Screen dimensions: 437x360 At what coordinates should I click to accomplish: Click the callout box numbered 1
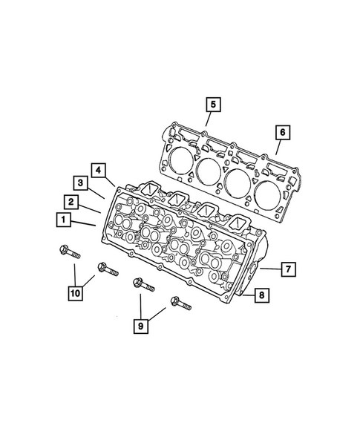point(65,220)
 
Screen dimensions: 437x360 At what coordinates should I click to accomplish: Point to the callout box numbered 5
point(212,105)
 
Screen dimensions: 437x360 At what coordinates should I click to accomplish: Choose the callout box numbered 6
point(281,133)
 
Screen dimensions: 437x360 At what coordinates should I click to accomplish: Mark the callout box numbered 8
point(262,296)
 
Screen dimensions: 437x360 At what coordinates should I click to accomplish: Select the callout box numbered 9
point(140,323)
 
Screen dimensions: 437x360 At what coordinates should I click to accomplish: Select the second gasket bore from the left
point(209,171)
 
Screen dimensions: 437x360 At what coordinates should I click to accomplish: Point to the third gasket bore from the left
point(238,183)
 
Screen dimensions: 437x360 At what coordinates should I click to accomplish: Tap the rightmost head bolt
point(180,303)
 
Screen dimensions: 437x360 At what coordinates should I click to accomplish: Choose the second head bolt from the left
point(103,269)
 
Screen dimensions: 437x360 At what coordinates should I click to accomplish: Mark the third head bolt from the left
point(141,285)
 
